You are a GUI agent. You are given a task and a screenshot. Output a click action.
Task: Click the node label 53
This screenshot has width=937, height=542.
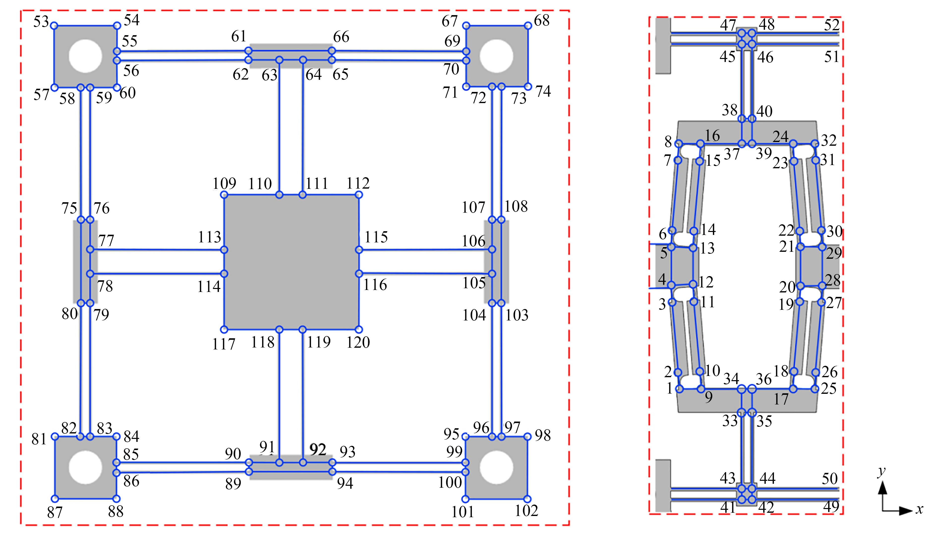(41, 22)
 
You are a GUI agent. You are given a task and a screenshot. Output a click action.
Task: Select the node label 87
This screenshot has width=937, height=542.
(55, 513)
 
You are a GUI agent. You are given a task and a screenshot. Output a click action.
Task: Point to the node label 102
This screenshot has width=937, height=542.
(526, 511)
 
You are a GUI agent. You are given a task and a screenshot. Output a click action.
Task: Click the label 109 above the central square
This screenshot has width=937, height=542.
(224, 184)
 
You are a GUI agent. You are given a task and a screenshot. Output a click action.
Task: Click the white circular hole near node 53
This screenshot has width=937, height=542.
(85, 56)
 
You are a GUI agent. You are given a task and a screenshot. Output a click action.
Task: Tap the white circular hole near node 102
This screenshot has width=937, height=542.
(496, 467)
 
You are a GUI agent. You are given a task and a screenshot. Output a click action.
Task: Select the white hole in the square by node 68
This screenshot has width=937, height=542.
(496, 56)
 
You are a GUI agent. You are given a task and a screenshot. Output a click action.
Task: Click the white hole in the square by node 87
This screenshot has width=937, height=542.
(85, 467)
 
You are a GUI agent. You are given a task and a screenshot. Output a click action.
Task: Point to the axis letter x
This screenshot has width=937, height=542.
(919, 509)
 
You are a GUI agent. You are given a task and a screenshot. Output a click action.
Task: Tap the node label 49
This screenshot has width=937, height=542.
(831, 506)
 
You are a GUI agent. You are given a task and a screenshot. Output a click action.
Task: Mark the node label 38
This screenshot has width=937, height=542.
(730, 110)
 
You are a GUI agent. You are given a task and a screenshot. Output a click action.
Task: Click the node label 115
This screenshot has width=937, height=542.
(376, 237)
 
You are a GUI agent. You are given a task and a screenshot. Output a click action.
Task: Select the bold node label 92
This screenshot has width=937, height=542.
(318, 450)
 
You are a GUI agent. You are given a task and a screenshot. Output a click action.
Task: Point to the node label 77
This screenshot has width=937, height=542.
(106, 240)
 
